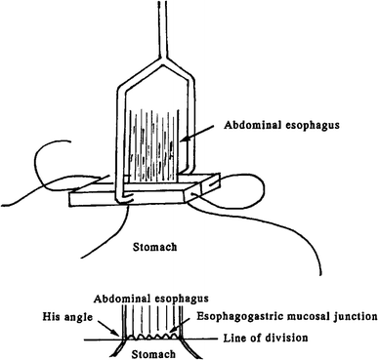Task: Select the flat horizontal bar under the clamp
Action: click(147, 198)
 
